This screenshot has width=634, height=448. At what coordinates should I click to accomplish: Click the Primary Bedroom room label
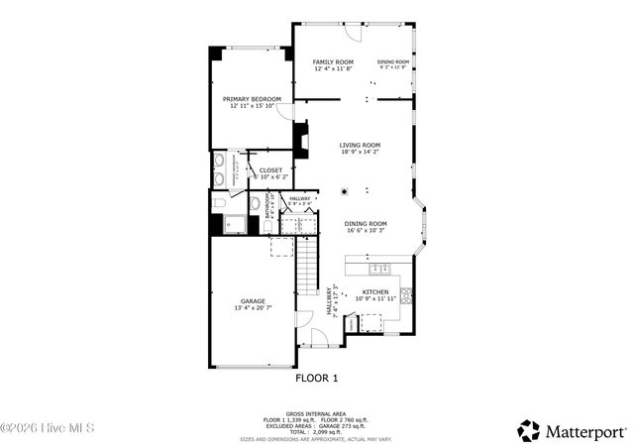(x=252, y=99)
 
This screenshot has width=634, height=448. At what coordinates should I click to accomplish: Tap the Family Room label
(x=333, y=61)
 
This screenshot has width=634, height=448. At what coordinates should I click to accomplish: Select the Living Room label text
(x=360, y=146)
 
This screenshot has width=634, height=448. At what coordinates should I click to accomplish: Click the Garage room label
(x=252, y=300)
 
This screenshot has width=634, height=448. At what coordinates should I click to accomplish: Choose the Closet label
(x=270, y=170)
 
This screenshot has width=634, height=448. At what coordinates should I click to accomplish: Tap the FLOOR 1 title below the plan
(x=317, y=378)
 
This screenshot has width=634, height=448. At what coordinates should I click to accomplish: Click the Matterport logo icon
(x=529, y=430)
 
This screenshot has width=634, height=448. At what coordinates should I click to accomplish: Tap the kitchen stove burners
(x=405, y=293)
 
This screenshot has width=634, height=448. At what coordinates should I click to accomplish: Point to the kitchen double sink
(x=377, y=268)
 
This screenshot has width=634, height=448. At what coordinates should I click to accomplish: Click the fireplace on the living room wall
(x=302, y=134)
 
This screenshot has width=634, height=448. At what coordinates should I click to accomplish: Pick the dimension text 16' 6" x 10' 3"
(x=365, y=231)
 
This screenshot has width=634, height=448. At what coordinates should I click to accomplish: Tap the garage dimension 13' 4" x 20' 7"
(x=252, y=308)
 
